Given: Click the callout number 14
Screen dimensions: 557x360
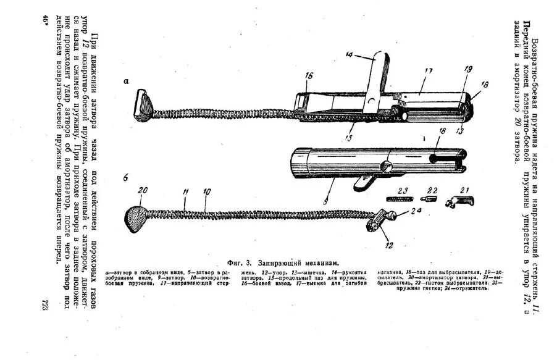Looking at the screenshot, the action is click(x=350, y=56).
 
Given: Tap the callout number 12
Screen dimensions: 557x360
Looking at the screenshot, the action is click(x=388, y=246).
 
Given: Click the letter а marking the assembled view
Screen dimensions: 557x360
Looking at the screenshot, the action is click(x=126, y=81).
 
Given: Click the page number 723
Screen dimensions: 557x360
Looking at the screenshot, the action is click(x=45, y=306).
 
